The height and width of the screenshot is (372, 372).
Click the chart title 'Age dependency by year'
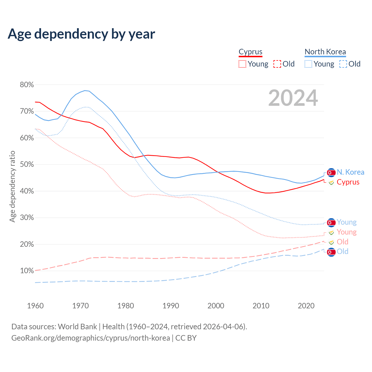tap(81, 34)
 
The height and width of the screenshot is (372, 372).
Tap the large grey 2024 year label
tap(293, 98)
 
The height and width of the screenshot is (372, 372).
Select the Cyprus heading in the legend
tap(251, 52)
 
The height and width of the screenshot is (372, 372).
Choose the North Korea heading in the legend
tap(325, 52)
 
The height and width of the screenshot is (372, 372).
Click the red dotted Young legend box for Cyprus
tap(242, 64)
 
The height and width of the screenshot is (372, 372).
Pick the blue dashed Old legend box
tap(343, 64)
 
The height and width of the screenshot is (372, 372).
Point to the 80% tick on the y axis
tap(27, 85)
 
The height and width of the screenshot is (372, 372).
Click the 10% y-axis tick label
tap(27, 271)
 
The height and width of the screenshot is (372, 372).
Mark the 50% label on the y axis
tap(27, 164)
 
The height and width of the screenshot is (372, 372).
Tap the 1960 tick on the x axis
tap(35, 306)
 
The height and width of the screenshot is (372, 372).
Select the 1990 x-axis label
tap(171, 306)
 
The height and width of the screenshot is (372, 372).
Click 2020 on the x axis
tap(306, 306)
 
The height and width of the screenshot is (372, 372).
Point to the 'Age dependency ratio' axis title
tap(12, 186)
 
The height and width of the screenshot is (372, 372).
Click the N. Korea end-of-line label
tap(350, 172)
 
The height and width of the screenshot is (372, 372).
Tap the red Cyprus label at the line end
tap(348, 182)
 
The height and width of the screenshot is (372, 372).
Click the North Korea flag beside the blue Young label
tap(331, 223)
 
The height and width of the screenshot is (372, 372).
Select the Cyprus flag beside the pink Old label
tap(331, 242)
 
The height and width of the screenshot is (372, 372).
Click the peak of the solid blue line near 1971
tap(85, 90)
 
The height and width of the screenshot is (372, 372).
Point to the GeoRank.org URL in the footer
tap(91, 338)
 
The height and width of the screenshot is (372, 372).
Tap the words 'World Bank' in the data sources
tap(77, 327)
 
